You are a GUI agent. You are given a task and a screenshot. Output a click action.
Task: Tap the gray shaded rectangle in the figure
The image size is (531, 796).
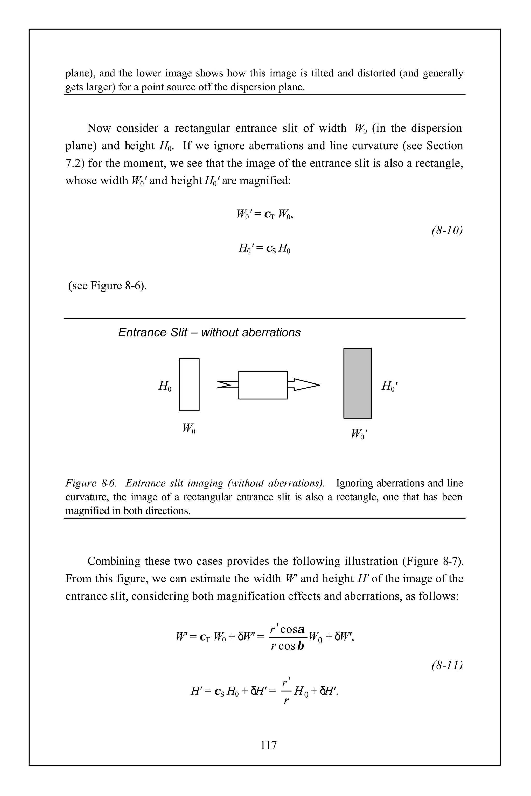357,383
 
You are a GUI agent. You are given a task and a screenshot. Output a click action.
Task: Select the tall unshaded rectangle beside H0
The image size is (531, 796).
189,385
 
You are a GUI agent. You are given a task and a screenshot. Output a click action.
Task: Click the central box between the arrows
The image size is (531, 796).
263,385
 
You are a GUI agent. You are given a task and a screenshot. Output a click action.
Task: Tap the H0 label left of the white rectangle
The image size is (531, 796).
165,386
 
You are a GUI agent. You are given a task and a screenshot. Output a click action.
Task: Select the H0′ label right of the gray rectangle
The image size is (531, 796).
389,386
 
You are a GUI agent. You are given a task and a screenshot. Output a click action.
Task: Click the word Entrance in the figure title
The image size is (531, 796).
139,332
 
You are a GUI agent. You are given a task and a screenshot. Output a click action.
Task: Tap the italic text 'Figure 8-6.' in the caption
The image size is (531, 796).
90,483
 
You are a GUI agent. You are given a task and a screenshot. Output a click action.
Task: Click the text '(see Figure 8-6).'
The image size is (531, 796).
108,286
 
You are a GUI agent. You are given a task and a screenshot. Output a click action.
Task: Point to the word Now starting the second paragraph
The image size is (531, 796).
100,128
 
